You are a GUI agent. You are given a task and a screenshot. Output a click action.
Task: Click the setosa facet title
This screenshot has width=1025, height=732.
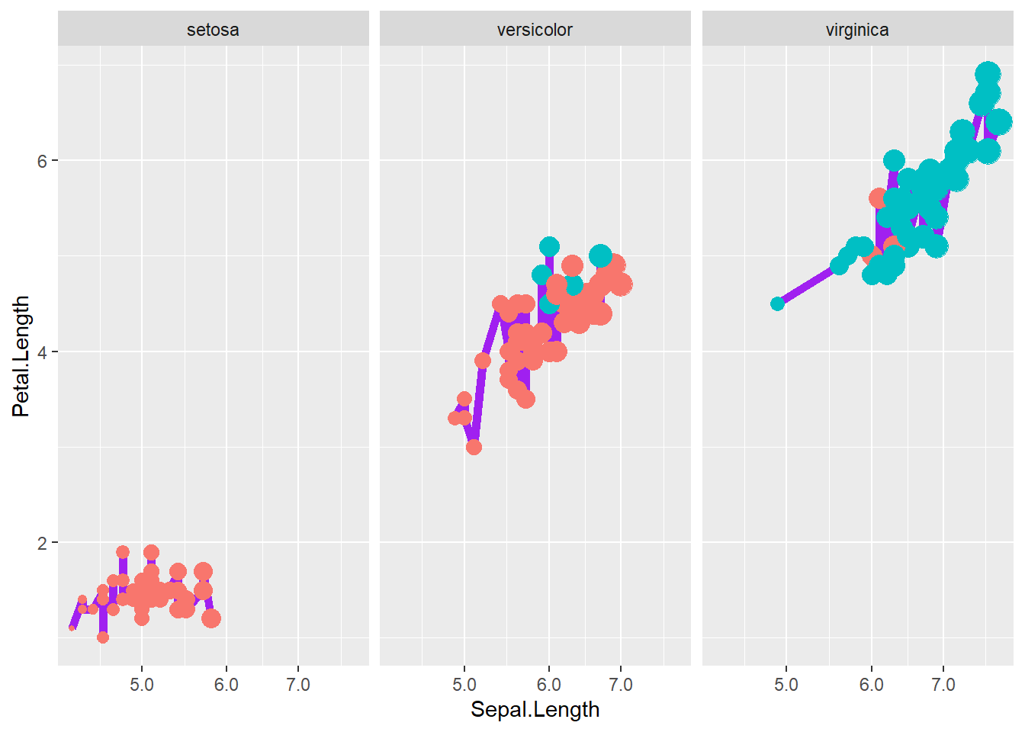pos(213,30)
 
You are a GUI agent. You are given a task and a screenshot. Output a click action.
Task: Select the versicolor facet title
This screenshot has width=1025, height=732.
pos(535,30)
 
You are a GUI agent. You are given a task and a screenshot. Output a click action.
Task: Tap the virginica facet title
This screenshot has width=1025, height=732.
pos(857,30)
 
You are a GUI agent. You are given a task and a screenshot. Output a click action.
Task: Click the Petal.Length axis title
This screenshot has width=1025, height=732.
pos(21,356)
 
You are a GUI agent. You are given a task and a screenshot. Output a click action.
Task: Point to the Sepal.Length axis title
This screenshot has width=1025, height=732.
pos(535,710)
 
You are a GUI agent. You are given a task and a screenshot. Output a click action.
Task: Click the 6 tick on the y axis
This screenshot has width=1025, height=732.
pos(42,161)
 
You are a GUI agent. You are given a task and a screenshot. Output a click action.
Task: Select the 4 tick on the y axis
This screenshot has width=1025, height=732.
pos(42,352)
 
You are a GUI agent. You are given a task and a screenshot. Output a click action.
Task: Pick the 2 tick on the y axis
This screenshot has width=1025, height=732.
pos(42,543)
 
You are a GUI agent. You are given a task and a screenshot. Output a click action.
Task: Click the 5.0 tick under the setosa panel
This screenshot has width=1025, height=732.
pos(142,685)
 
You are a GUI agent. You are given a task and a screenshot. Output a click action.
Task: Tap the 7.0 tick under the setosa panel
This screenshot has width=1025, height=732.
pos(298,685)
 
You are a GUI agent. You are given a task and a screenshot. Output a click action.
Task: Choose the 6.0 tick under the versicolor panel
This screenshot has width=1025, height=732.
pos(548,685)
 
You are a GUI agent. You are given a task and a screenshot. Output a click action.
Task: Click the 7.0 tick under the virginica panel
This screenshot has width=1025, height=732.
pos(943,685)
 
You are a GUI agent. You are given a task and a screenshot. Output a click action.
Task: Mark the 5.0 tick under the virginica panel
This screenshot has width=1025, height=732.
pos(786,685)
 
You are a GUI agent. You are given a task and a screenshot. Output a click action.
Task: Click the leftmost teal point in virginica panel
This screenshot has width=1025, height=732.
pos(777,303)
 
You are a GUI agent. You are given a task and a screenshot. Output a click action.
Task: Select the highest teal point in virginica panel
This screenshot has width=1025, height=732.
pos(988,74)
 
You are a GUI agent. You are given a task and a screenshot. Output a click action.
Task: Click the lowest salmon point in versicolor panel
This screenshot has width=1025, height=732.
pos(474,447)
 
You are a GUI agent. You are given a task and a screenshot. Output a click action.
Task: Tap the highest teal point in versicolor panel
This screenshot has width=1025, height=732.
pos(549,246)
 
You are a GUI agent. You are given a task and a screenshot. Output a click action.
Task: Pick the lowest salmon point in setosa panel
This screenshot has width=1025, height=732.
pos(103,637)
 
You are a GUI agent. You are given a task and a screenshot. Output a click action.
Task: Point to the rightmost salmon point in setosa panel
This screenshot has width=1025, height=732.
pos(211,618)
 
